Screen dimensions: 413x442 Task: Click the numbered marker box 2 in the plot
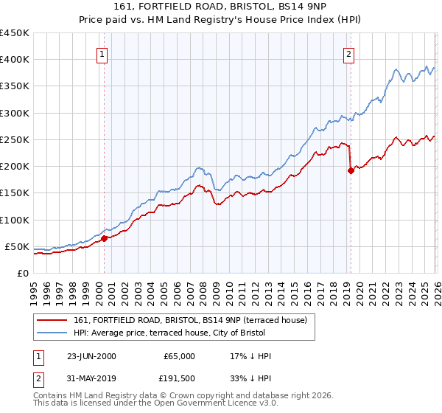coord(348,53)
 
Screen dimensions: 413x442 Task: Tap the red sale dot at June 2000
coord(104,238)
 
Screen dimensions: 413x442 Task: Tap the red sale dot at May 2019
coord(351,171)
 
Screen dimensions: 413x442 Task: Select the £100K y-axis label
coord(15,220)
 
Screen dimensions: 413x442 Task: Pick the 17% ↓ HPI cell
coord(250,356)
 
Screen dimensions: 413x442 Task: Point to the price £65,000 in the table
coord(179,356)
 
